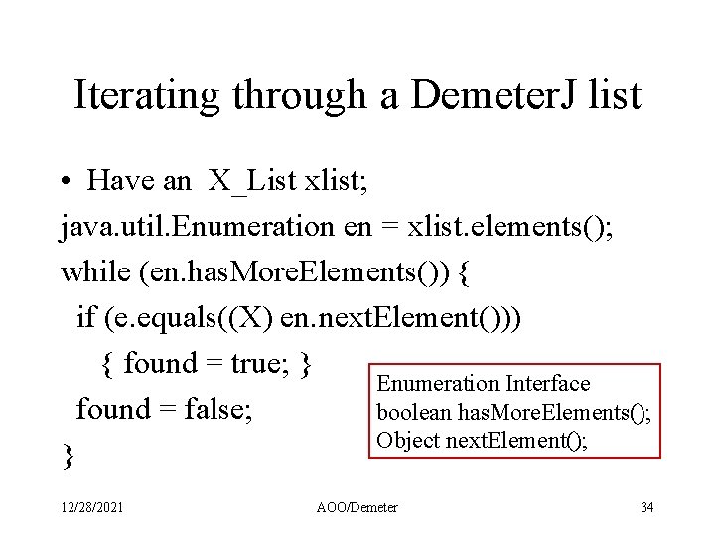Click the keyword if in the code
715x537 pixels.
click(x=85, y=317)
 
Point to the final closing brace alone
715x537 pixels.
click(x=67, y=455)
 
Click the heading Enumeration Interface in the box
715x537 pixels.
click(x=483, y=383)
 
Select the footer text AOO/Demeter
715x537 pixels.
click(x=357, y=508)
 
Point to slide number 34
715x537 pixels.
click(x=646, y=508)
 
